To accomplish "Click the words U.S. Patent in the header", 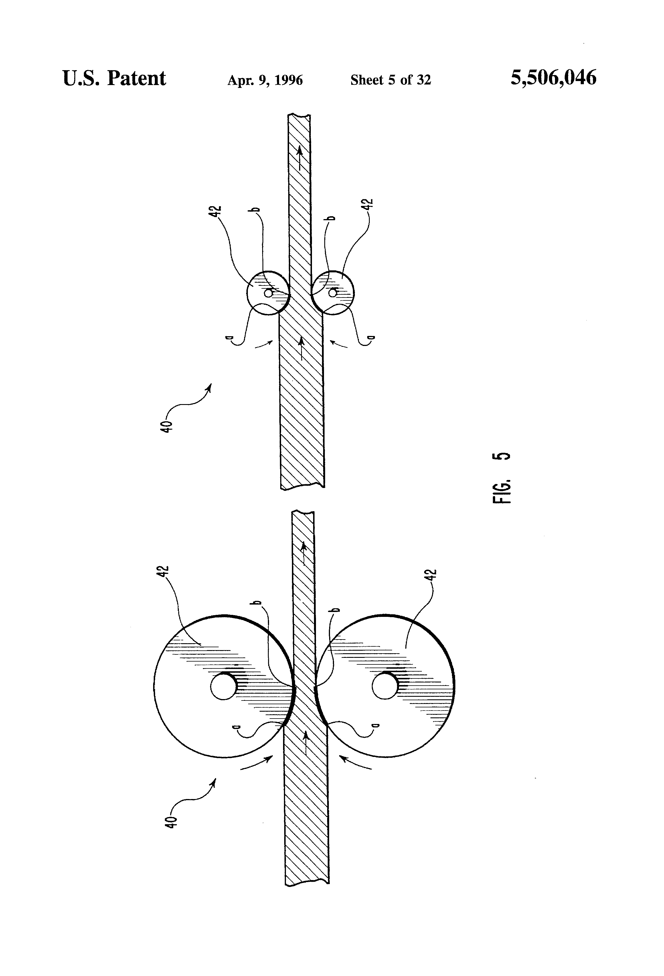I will [114, 78].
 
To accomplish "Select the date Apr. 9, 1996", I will [265, 80].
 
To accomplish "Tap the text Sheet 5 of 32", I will [390, 80].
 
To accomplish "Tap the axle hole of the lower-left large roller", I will [224, 687].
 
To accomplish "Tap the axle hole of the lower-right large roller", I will [385, 687].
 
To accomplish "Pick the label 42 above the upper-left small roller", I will [216, 211].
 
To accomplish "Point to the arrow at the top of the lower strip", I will [303, 551].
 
